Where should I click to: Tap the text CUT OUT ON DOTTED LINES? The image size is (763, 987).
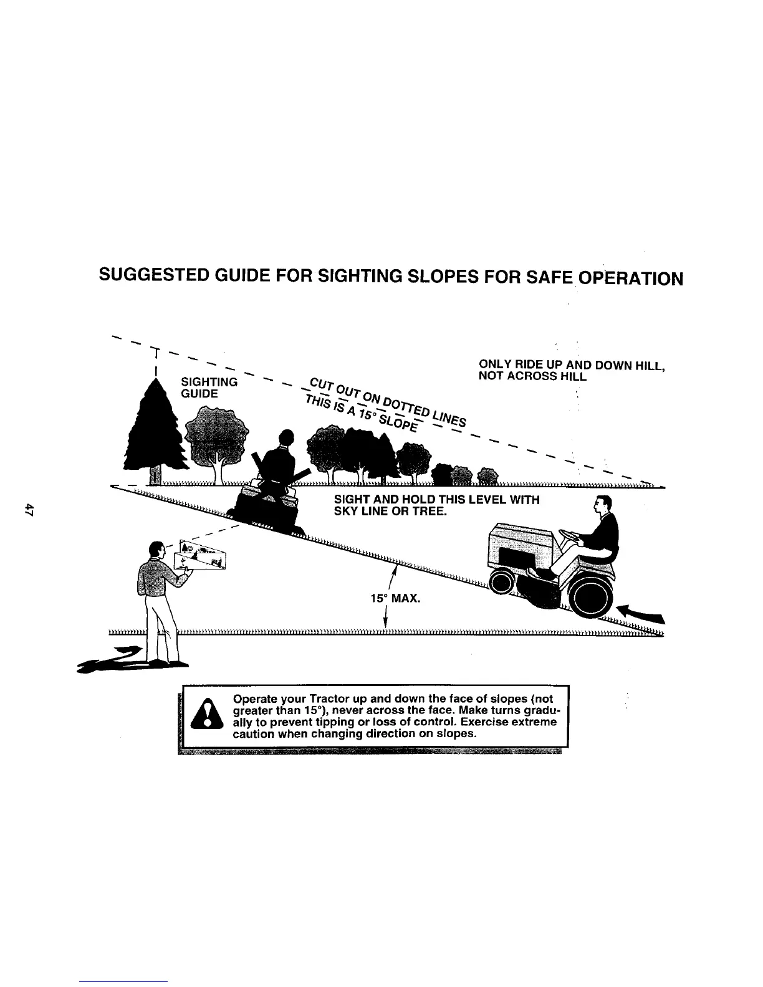[387, 398]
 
